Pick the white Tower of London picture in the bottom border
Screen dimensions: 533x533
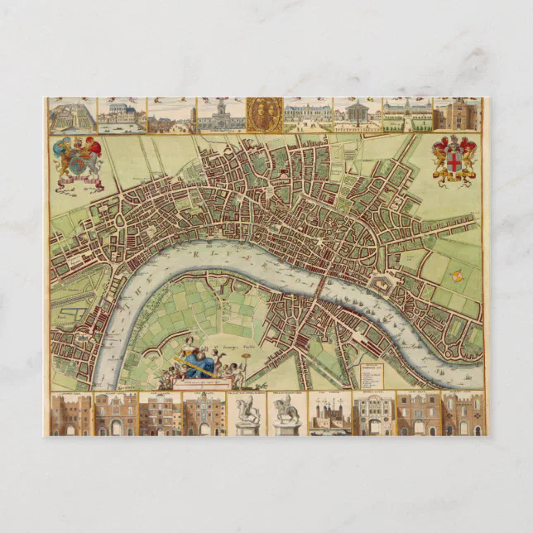pos(329,413)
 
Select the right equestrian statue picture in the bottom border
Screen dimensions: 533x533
pos(287,413)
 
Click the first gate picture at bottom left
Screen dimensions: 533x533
pos(71,413)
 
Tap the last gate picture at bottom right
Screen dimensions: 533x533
pos(462,413)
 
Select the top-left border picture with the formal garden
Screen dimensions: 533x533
pos(72,115)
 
